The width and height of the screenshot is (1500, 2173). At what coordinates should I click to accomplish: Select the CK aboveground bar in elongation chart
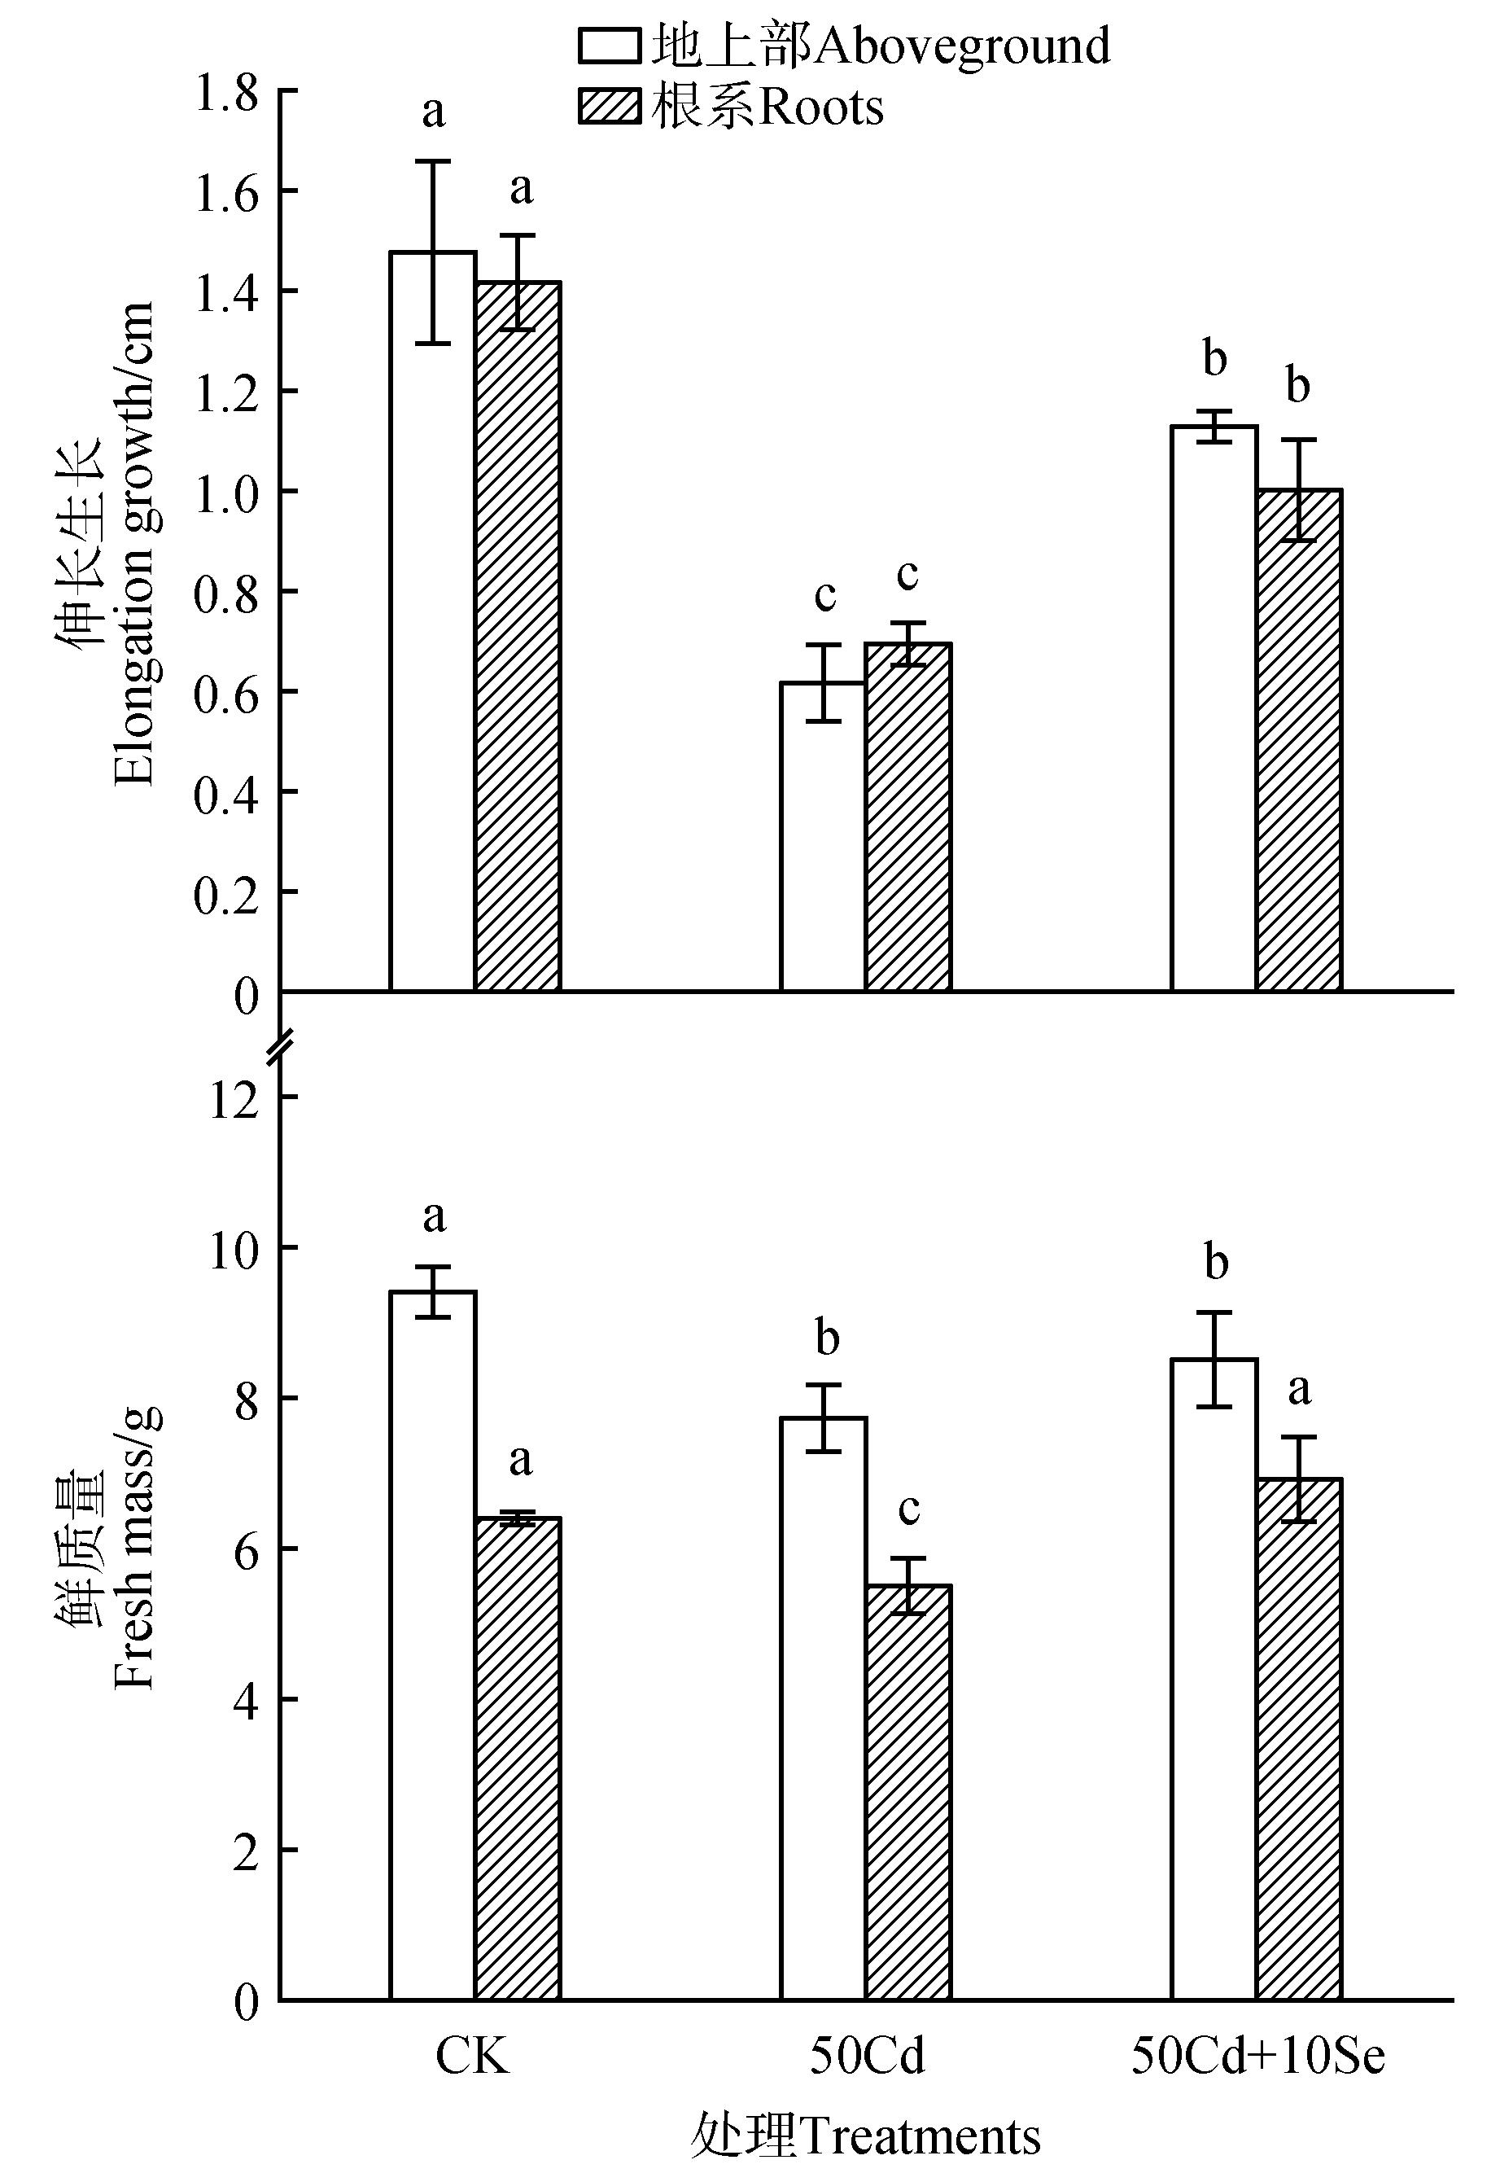click(x=432, y=620)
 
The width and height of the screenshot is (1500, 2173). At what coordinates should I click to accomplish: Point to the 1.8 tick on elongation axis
click(x=225, y=93)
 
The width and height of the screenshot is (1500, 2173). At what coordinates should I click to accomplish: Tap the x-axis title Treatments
click(x=864, y=2136)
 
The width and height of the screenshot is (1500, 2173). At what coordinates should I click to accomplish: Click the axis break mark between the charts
click(x=280, y=1045)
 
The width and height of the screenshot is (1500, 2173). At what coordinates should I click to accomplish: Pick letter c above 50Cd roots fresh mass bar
click(x=908, y=1509)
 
